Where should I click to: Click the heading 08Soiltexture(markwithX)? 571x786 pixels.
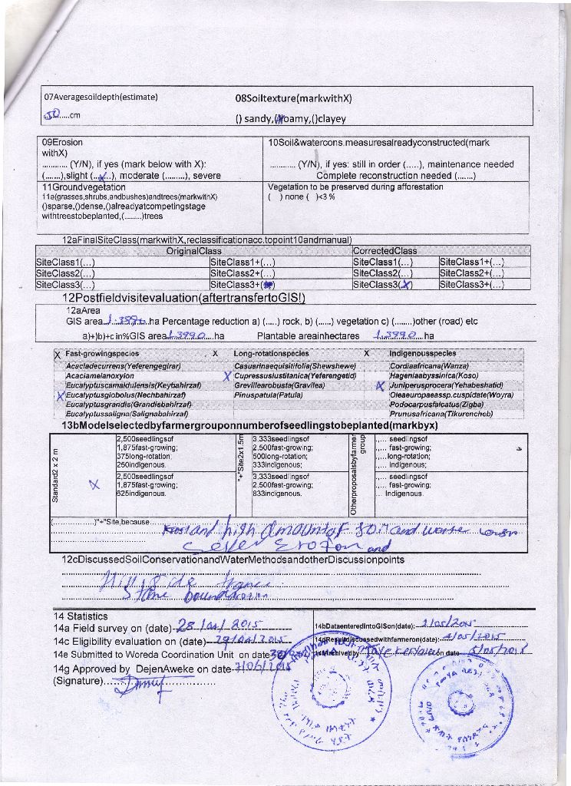[292, 98]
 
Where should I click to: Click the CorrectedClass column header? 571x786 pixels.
[385, 251]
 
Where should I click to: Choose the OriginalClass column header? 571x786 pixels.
[193, 251]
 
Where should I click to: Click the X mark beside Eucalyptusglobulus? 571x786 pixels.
[59, 395]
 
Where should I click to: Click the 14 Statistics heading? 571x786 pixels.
[81, 616]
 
